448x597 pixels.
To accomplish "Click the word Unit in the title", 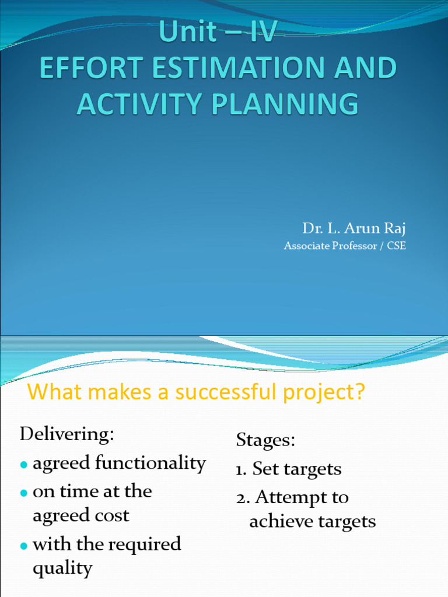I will (x=187, y=33).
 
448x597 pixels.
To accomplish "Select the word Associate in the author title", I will (x=307, y=246).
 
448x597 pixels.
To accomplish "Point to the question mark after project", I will (x=358, y=392).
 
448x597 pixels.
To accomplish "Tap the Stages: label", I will (x=265, y=440).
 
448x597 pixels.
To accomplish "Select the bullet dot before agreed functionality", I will (x=24, y=465).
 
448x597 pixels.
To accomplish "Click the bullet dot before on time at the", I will (x=24, y=493).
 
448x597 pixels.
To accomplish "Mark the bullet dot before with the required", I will (x=24, y=546).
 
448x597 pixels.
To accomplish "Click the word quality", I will (x=62, y=568).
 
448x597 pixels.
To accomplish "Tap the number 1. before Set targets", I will (x=242, y=469).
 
